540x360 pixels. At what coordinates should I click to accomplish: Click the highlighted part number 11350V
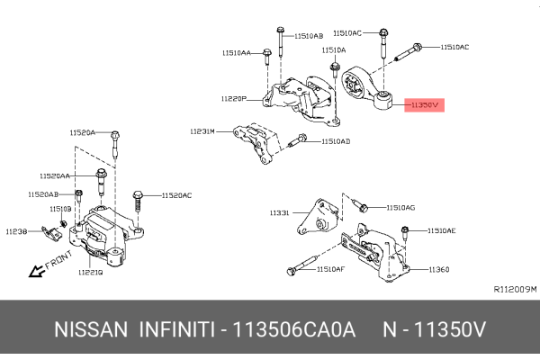tap(423, 105)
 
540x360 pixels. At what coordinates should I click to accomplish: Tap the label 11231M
tap(202, 131)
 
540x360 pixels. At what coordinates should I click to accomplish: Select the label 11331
tap(279, 213)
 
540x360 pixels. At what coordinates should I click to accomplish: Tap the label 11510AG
tap(400, 207)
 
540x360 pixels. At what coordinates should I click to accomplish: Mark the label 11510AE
tap(441, 230)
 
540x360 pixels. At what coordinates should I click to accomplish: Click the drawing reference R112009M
tap(515, 289)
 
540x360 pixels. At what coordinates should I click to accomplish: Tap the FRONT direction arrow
tap(38, 268)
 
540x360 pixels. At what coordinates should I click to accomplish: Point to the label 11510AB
tap(307, 36)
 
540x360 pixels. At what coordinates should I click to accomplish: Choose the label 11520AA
tap(55, 175)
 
